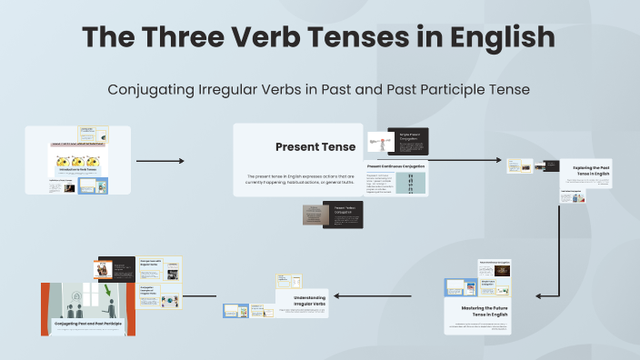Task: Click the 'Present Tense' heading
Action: [303, 146]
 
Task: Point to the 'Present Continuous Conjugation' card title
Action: [396, 166]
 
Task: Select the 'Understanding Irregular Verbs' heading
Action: [303, 300]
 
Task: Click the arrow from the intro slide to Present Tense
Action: [160, 161]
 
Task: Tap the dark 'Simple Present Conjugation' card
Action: [408, 141]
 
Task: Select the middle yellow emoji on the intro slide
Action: [78, 158]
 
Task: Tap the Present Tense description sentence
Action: [298, 179]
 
